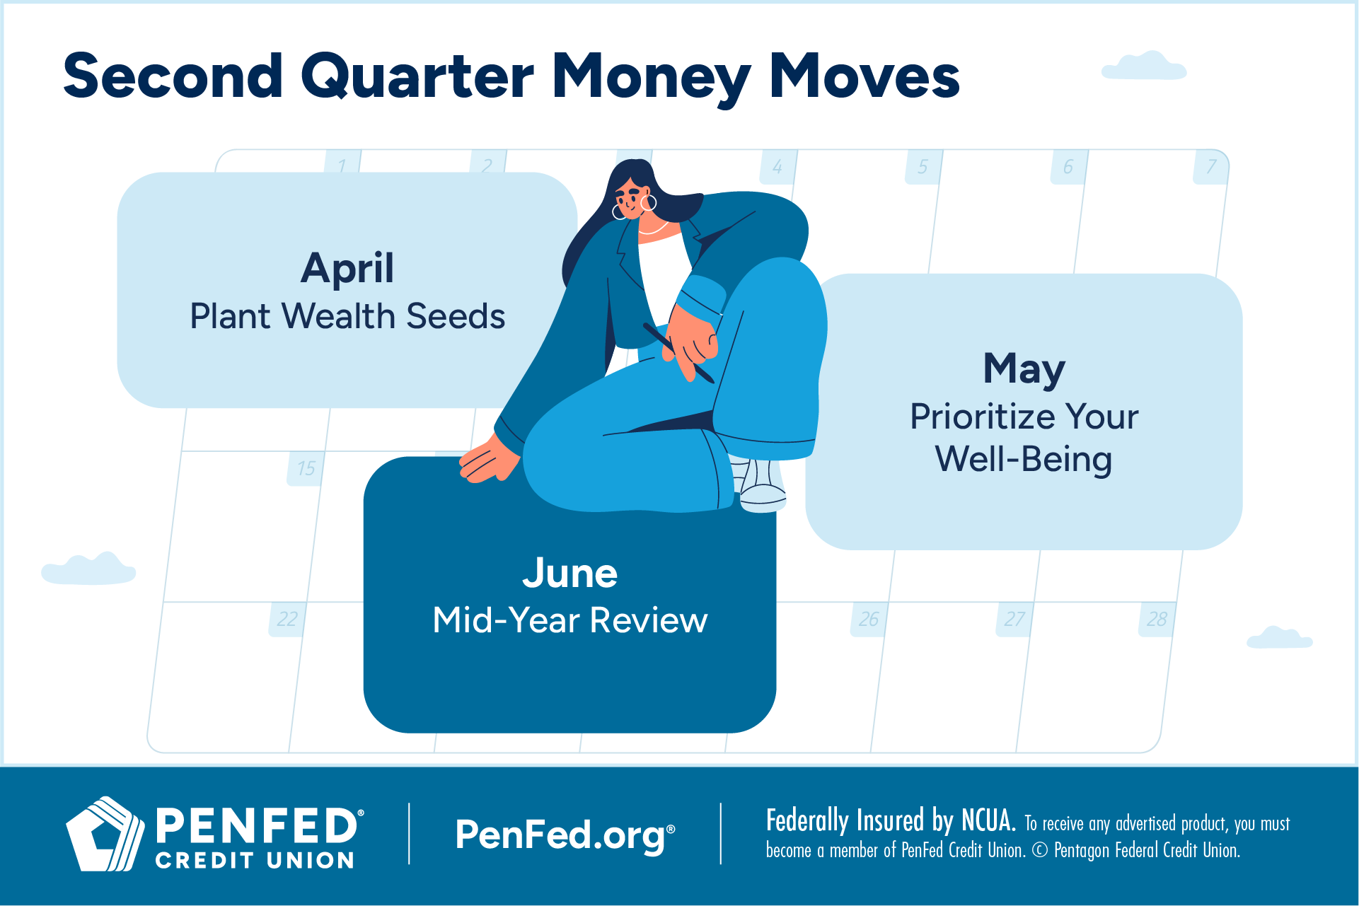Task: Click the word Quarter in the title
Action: (x=417, y=77)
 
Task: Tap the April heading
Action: (x=347, y=269)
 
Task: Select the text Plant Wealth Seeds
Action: (x=347, y=316)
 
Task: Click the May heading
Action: (x=1024, y=369)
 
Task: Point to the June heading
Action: (x=570, y=573)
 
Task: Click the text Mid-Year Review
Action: (x=570, y=620)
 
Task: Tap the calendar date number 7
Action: (x=1211, y=167)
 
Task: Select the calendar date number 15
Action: (x=306, y=468)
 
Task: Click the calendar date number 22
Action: (x=287, y=620)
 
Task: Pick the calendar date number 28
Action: (x=1157, y=620)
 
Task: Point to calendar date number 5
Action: (x=923, y=167)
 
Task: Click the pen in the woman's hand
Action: (x=678, y=353)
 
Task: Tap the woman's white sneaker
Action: (x=761, y=486)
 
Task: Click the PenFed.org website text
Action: (x=565, y=835)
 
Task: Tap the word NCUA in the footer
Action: (x=988, y=821)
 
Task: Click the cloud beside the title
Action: (x=1144, y=66)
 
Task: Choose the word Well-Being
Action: (x=1024, y=460)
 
